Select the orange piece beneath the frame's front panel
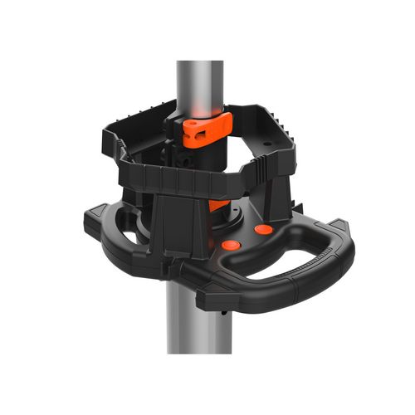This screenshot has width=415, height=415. point(217,205)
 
